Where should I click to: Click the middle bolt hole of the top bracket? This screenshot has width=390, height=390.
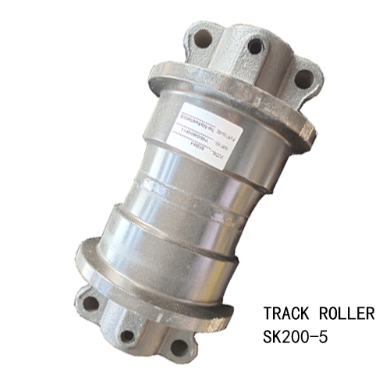(253, 46)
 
